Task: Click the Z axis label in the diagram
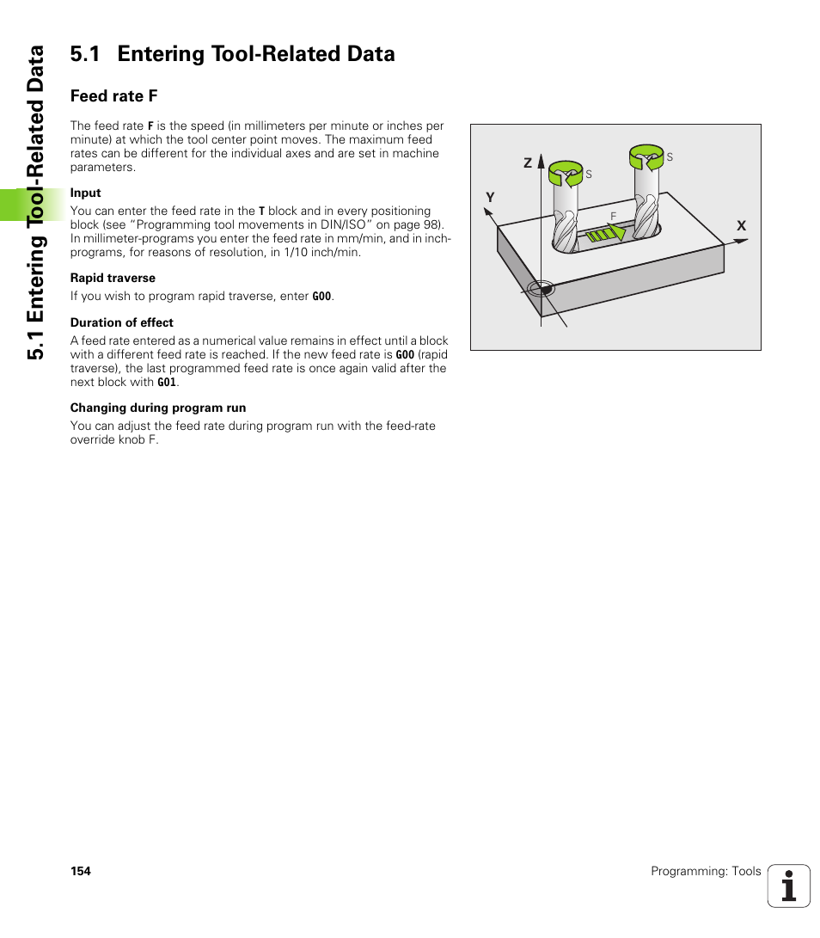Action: pyautogui.click(x=529, y=162)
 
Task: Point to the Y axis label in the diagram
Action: pyautogui.click(x=490, y=198)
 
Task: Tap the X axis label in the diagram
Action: pyautogui.click(x=741, y=225)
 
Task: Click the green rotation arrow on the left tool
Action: pyautogui.click(x=565, y=173)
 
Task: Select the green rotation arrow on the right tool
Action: pyautogui.click(x=646, y=156)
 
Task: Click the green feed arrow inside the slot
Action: pyautogui.click(x=607, y=233)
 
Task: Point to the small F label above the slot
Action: pyautogui.click(x=613, y=216)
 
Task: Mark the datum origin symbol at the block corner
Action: pyautogui.click(x=542, y=289)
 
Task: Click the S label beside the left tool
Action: pyautogui.click(x=589, y=175)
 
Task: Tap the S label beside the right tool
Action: pyautogui.click(x=670, y=157)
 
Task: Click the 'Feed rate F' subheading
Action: pyautogui.click(x=113, y=95)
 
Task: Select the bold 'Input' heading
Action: pyautogui.click(x=85, y=193)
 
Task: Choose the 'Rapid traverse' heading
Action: pyautogui.click(x=113, y=278)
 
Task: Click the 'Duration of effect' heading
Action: pyautogui.click(x=121, y=322)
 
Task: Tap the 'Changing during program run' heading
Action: pyautogui.click(x=157, y=408)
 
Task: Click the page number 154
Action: pyautogui.click(x=80, y=871)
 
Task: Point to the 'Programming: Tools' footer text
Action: pyautogui.click(x=706, y=871)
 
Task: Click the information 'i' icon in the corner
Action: pyautogui.click(x=789, y=886)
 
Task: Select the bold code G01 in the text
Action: pyautogui.click(x=167, y=383)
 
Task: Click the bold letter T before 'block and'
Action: pyautogui.click(x=261, y=211)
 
